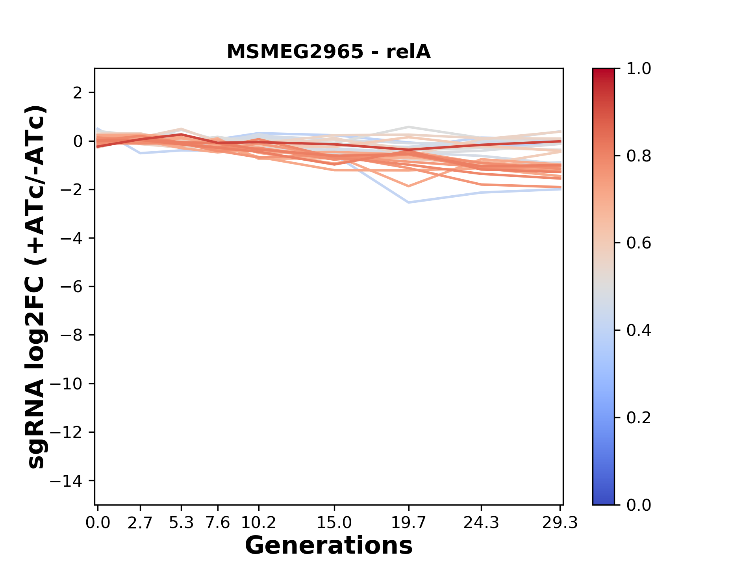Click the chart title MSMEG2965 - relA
pyautogui.click(x=328, y=52)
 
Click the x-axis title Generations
pyautogui.click(x=328, y=546)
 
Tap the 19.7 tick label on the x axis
pyautogui.click(x=409, y=523)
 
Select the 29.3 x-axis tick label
pyautogui.click(x=560, y=523)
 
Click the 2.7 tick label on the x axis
pyautogui.click(x=140, y=523)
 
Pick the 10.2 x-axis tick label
pyautogui.click(x=258, y=523)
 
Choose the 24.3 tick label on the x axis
pyautogui.click(x=481, y=523)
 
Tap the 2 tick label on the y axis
pyautogui.click(x=78, y=93)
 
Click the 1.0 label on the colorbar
pyautogui.click(x=639, y=69)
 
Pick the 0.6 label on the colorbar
pyautogui.click(x=639, y=243)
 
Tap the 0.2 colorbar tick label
pyautogui.click(x=639, y=418)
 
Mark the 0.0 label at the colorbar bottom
pyautogui.click(x=639, y=505)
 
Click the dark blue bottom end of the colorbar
pyautogui.click(x=603, y=501)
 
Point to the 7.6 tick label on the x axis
pyautogui.click(x=218, y=523)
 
